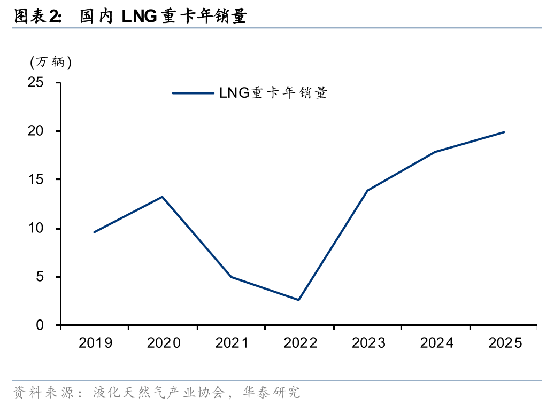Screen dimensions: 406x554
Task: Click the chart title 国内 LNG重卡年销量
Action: point(163,17)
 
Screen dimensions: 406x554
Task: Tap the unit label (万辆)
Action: point(50,63)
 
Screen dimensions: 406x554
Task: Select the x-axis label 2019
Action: point(95,343)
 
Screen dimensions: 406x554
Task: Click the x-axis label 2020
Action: point(163,343)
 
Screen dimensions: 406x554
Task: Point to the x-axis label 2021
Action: point(232,343)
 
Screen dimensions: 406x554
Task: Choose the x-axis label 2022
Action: point(299,343)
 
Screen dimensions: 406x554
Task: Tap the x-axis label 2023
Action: point(368,343)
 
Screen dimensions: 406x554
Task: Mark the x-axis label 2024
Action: point(436,343)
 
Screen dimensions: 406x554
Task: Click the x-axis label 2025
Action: point(504,343)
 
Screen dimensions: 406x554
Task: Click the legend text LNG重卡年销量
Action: point(273,93)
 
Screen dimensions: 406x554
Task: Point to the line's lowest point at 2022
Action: point(299,300)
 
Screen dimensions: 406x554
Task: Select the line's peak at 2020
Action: point(163,197)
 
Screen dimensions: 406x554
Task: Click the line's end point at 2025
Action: point(504,132)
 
